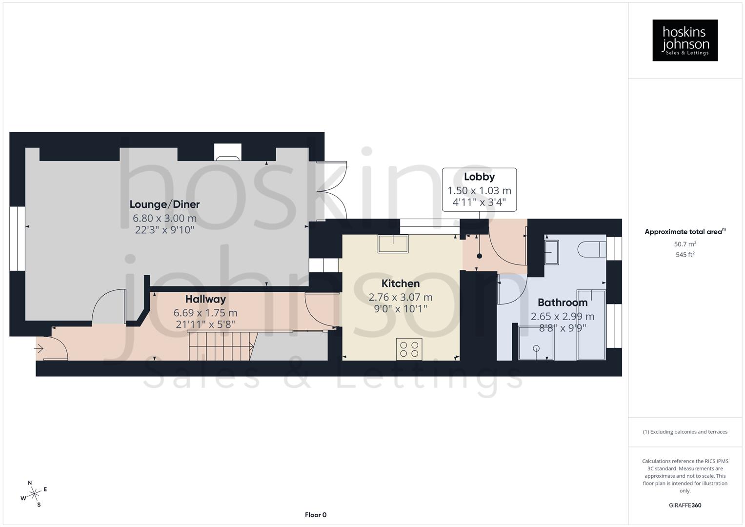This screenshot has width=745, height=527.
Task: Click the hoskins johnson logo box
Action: point(685,40)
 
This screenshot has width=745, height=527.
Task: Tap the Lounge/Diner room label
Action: point(164,204)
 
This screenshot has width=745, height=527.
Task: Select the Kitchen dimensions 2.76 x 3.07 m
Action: point(400,297)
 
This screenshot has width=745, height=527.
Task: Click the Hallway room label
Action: point(205,299)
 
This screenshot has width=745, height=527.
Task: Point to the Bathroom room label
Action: point(562,303)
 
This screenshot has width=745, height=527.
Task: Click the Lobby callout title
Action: point(479,177)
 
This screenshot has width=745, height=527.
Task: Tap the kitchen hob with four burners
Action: point(409,349)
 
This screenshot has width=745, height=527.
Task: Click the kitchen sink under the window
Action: point(393,243)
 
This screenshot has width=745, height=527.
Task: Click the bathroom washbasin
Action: point(552,252)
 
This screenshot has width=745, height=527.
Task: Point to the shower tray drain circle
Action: point(536,348)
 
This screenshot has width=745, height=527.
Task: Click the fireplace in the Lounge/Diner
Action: point(227,152)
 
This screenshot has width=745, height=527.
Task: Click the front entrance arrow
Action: point(39,349)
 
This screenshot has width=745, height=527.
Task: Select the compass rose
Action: point(34,494)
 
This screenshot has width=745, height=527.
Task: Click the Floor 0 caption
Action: point(315,515)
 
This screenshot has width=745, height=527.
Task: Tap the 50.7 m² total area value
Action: point(685,244)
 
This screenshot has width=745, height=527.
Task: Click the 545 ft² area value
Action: point(685,255)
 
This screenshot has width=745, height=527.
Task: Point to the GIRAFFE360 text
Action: point(685,506)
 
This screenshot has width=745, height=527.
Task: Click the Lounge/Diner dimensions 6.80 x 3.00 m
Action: point(164,218)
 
